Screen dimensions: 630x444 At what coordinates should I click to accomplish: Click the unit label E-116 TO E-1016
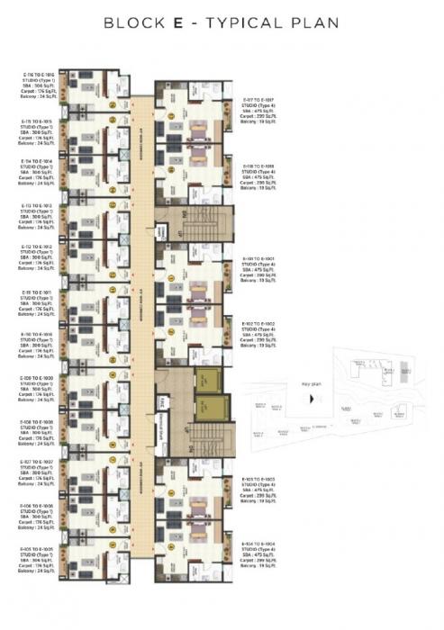(40, 75)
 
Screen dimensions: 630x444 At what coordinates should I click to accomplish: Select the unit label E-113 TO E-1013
(40, 205)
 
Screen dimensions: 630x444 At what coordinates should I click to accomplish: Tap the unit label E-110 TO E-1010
(40, 334)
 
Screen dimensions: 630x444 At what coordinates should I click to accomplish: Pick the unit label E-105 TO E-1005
(40, 547)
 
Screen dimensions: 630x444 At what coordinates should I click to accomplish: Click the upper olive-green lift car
(210, 380)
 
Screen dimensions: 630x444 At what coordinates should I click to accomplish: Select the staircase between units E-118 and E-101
(195, 221)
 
